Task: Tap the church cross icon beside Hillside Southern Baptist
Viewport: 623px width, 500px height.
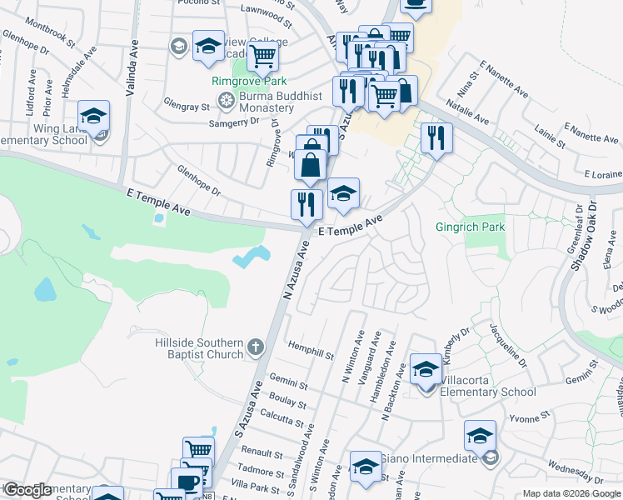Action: (256, 345)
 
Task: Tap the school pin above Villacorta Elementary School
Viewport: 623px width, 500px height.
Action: (426, 367)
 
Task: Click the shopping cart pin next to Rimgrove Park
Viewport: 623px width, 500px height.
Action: (262, 57)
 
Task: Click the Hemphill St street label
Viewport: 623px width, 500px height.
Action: (311, 344)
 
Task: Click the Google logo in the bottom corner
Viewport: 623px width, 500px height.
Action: (27, 490)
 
